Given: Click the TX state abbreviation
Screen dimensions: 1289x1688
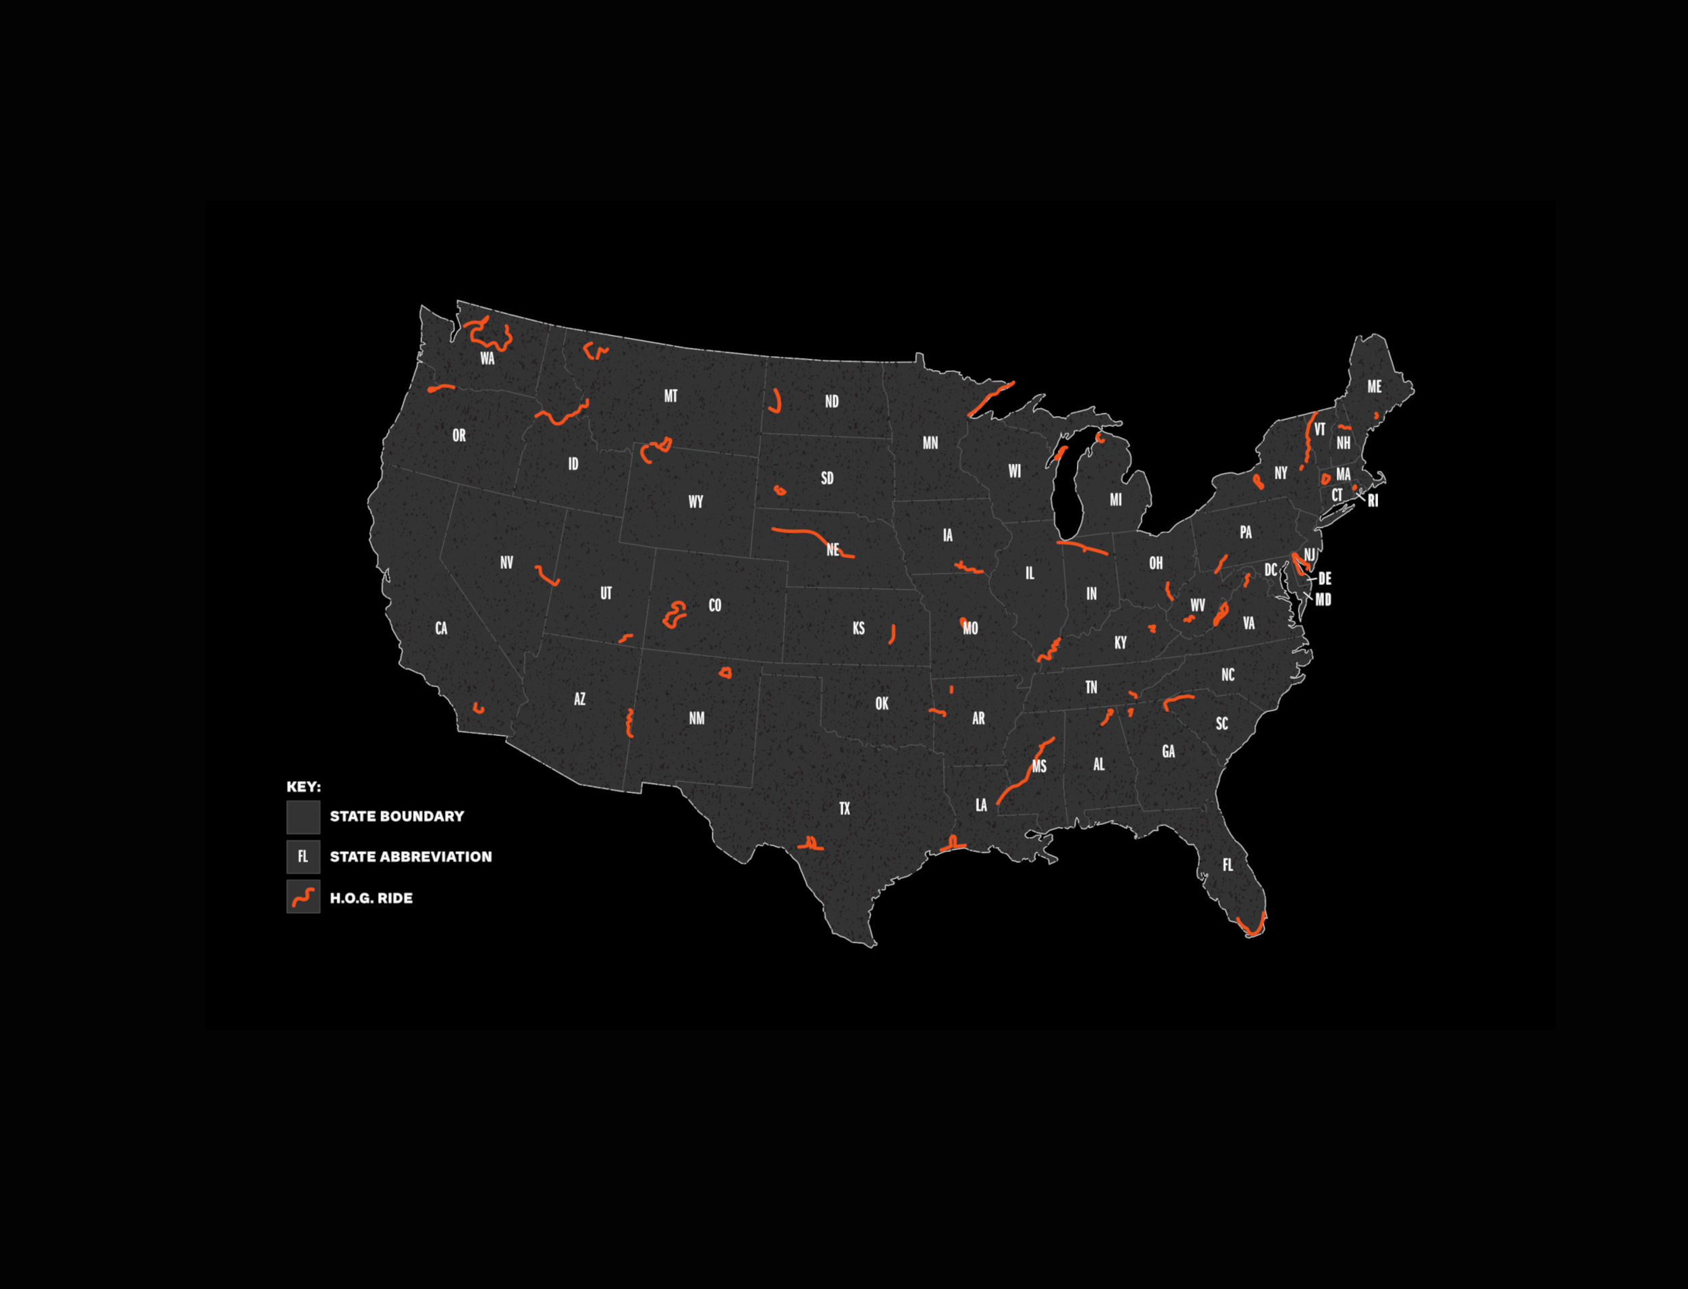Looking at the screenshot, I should (x=845, y=809).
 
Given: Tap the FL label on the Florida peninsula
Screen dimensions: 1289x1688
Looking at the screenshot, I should (x=1228, y=865).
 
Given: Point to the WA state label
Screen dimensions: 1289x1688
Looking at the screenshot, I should (x=487, y=358).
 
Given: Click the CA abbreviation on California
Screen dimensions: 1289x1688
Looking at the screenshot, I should (x=441, y=628).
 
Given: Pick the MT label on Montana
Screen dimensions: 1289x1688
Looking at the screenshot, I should (x=670, y=397).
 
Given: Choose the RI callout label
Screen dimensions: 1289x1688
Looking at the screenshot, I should (x=1373, y=501).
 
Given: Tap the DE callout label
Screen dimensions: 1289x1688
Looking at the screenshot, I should (x=1325, y=579).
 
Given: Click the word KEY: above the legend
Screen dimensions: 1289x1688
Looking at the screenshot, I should (x=304, y=787).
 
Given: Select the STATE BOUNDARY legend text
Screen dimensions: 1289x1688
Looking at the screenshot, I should (x=396, y=816).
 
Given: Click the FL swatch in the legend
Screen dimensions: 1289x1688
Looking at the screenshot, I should (x=303, y=857).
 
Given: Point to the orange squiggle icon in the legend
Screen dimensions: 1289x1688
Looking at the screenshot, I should (x=303, y=897).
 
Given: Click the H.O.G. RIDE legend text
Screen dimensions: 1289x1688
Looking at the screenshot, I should (x=371, y=898).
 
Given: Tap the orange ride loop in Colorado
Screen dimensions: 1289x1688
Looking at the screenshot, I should (x=674, y=614).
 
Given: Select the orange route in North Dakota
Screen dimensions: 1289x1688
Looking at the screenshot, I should (x=777, y=402).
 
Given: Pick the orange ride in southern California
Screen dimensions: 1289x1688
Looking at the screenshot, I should (x=479, y=708).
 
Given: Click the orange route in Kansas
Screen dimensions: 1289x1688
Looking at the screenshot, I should (x=893, y=634).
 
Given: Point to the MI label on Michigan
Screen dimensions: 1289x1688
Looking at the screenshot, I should (x=1116, y=500).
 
